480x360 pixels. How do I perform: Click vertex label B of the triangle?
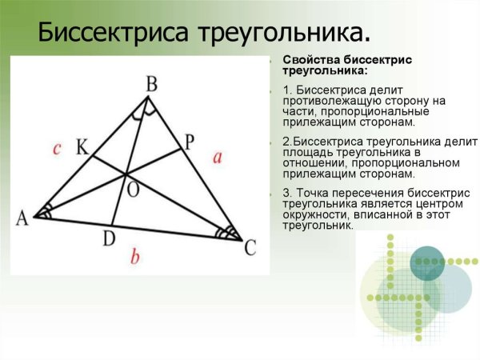[x=150, y=83]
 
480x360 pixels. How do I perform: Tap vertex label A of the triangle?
[x=21, y=218]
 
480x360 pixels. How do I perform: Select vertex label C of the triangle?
[x=250, y=249]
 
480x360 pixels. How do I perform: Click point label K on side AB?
[x=82, y=147]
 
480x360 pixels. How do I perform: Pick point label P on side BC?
[x=189, y=142]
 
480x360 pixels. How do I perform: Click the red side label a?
[x=218, y=157]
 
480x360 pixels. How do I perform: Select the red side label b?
[x=136, y=258]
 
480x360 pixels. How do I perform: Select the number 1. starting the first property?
[x=287, y=90]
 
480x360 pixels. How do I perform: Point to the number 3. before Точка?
[x=287, y=194]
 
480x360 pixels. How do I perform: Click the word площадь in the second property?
[x=308, y=152]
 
